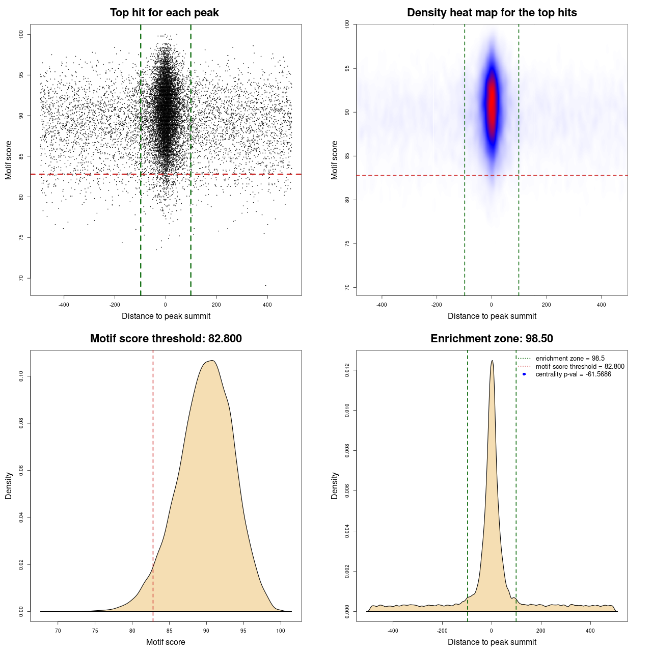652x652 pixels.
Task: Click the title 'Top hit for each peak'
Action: point(164,13)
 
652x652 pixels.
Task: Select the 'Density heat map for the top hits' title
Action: point(492,13)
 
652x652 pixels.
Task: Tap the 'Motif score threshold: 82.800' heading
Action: point(166,339)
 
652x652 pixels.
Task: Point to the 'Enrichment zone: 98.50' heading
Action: point(492,339)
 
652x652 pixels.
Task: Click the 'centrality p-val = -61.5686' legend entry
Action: point(573,374)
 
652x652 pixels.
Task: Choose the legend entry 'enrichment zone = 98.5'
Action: point(570,359)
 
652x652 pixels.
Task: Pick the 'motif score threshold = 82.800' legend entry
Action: point(580,366)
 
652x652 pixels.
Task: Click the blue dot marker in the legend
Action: point(524,374)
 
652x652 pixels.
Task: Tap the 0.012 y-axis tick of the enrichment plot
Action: point(347,370)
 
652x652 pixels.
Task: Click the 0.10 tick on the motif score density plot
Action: point(21,376)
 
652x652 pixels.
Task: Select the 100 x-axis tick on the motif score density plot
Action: point(281,631)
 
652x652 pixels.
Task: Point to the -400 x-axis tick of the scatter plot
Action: point(64,305)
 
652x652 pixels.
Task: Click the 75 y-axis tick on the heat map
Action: point(347,243)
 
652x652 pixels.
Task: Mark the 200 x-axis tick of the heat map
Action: point(547,305)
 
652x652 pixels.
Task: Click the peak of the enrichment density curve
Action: point(492,361)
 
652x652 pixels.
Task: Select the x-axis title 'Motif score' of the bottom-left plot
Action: point(166,642)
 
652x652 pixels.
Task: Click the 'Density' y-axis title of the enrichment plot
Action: point(335,485)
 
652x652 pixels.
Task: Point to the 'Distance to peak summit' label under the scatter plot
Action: point(166,316)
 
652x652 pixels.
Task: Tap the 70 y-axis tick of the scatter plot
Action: point(21,278)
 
